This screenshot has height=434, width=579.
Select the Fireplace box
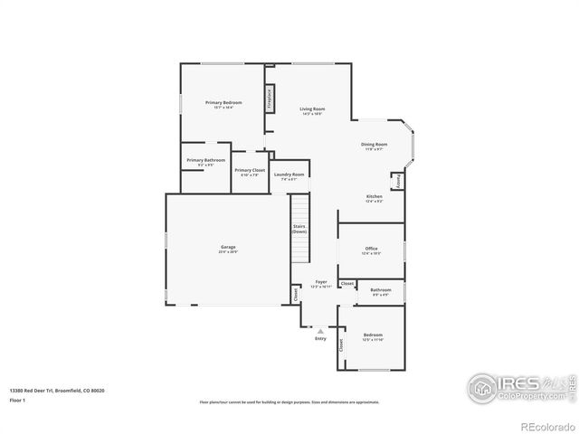click(x=270, y=99)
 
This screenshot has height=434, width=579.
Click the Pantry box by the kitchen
click(x=398, y=181)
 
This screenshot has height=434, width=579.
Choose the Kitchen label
click(x=374, y=198)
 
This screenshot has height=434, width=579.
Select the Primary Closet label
click(x=249, y=172)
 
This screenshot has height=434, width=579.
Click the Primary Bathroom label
click(x=206, y=162)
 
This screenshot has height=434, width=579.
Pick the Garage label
click(x=228, y=249)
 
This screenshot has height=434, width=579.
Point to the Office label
click(x=371, y=250)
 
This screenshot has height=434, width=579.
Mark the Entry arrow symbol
click(x=319, y=331)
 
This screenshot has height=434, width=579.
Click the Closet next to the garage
click(x=296, y=294)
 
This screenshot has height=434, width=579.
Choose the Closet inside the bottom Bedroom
click(x=341, y=344)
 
